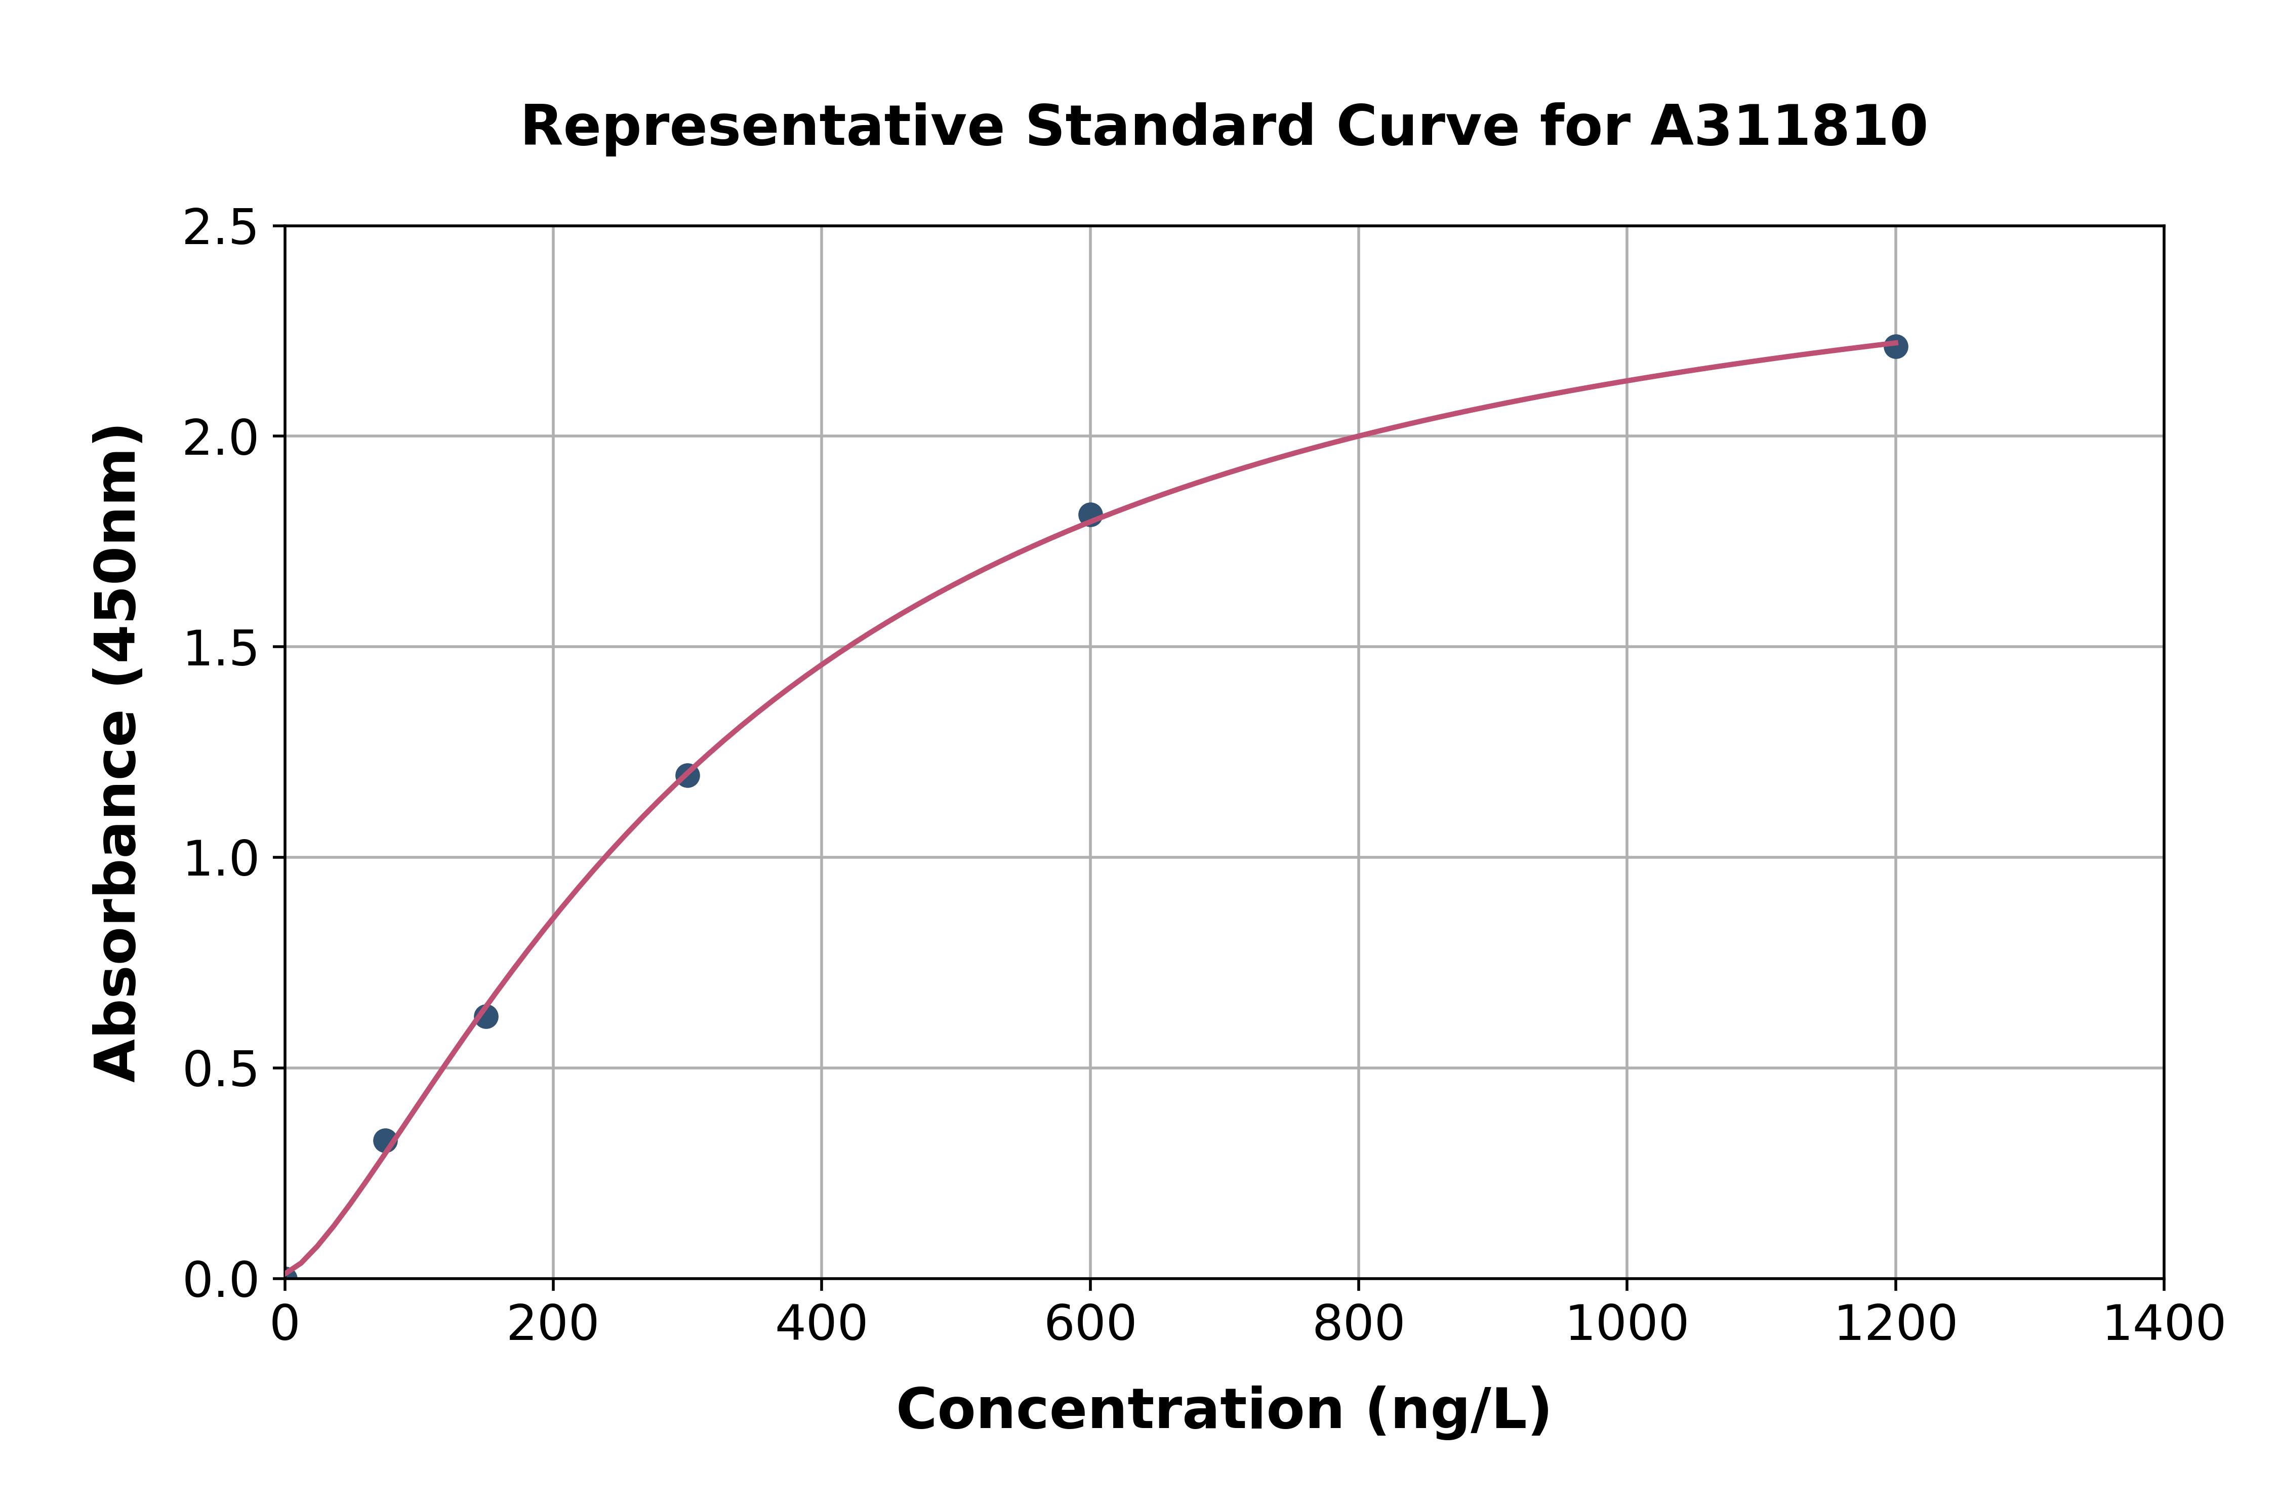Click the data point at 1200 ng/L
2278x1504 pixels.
1894,346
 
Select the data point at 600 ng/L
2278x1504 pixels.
1090,514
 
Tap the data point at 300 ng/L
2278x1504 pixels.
687,775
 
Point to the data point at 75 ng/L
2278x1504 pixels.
385,1140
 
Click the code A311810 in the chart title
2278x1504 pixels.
1788,127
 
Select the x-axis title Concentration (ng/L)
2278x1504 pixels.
1224,1410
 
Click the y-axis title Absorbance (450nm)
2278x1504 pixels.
117,753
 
